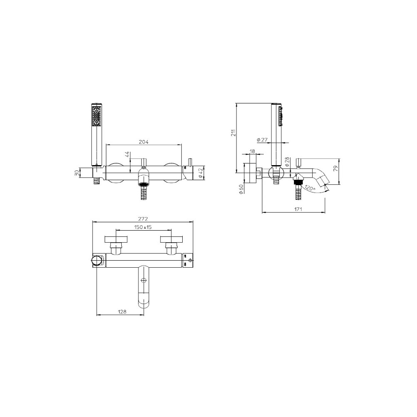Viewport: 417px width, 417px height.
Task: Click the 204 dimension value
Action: pyautogui.click(x=143, y=142)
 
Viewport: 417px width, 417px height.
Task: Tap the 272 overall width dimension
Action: pyautogui.click(x=143, y=219)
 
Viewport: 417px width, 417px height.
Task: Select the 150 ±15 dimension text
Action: pyautogui.click(x=143, y=227)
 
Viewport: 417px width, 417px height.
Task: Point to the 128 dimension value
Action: pyautogui.click(x=122, y=311)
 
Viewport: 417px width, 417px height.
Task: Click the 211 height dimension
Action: pyautogui.click(x=233, y=133)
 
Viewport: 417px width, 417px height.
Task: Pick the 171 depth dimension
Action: pyautogui.click(x=298, y=209)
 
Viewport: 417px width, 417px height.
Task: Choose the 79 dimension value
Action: pyautogui.click(x=336, y=168)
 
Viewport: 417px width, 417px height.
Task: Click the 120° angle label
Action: pyautogui.click(x=310, y=188)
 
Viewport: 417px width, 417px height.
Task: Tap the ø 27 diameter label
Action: pyautogui.click(x=262, y=140)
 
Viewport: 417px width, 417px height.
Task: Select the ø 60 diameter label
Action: pyautogui.click(x=241, y=188)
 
